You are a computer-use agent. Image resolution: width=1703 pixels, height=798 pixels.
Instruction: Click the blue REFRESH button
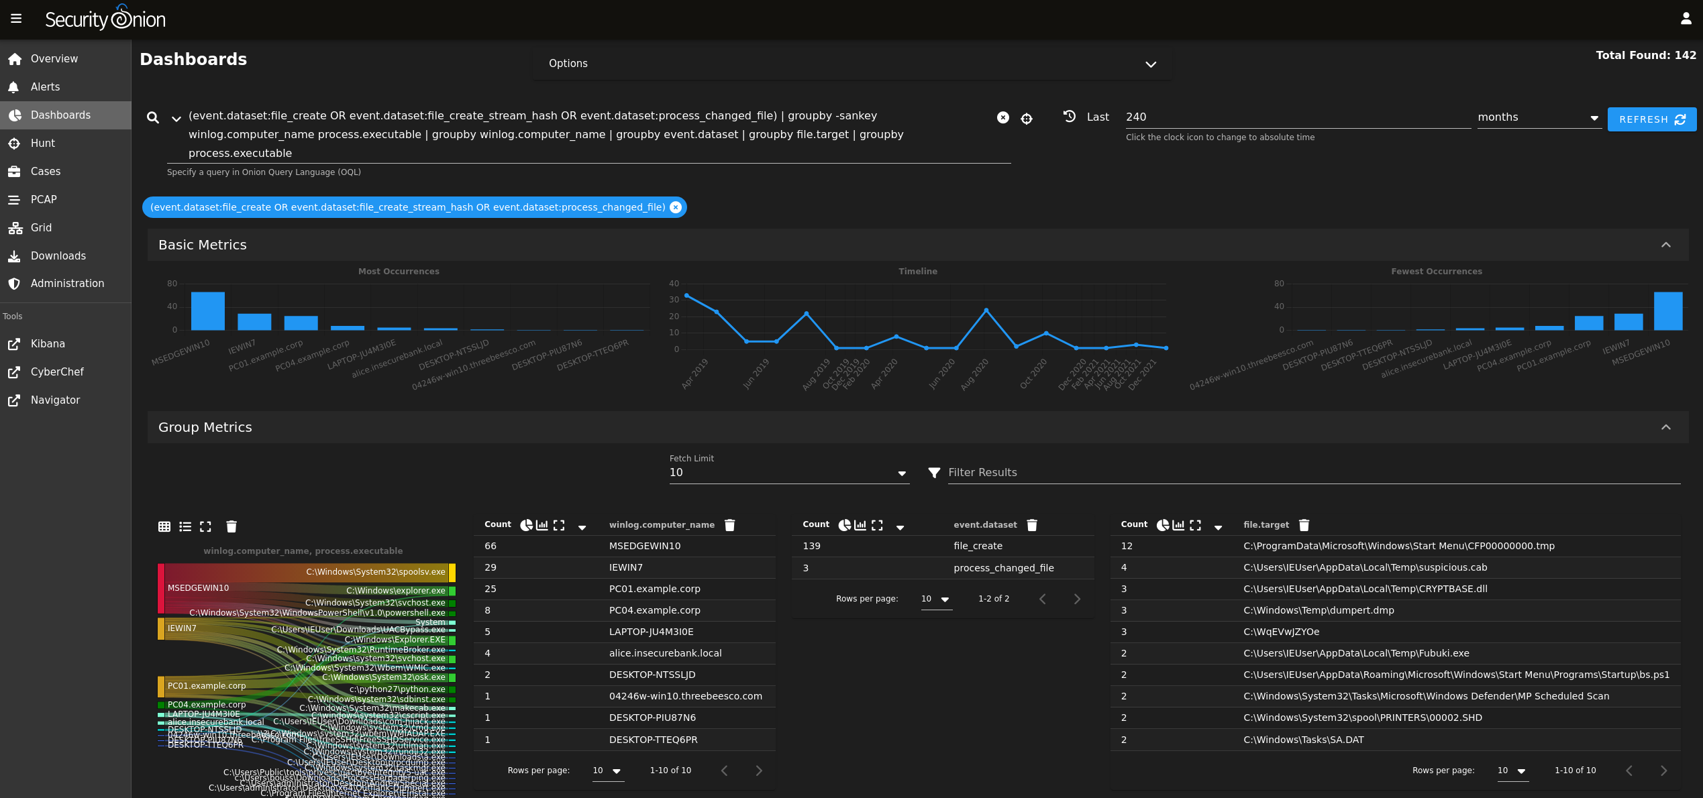1651,119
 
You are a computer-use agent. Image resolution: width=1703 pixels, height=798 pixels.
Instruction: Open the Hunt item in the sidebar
43,143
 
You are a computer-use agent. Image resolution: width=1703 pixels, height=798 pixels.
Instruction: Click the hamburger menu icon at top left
16,19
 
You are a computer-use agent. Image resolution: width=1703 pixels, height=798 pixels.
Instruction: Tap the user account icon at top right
1686,19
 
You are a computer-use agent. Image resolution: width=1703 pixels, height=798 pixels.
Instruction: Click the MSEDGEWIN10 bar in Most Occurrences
208,311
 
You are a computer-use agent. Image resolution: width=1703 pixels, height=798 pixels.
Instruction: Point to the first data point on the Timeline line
686,296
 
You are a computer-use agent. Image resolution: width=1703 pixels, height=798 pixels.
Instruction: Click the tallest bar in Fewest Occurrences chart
1667,311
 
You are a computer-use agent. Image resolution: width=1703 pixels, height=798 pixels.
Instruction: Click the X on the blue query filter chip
676,207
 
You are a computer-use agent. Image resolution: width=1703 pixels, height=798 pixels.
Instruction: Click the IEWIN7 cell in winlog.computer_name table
625,567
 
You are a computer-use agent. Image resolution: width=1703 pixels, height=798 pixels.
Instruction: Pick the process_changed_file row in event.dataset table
1003,568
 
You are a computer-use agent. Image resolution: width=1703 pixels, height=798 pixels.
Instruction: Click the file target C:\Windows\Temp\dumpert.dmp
1318,610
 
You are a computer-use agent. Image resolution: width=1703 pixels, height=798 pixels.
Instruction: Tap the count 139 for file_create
811,546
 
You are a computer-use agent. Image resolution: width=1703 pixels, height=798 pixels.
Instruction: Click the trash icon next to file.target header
1304,525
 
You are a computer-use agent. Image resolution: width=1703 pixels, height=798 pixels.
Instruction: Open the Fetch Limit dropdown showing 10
788,473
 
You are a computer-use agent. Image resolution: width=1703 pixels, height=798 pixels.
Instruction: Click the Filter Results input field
1308,473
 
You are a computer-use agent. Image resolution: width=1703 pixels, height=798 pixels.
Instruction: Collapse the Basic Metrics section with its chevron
1665,245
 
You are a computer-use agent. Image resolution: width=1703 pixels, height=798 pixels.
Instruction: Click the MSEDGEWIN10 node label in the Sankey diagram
198,588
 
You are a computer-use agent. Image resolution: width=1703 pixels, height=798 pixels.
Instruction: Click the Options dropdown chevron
1150,64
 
